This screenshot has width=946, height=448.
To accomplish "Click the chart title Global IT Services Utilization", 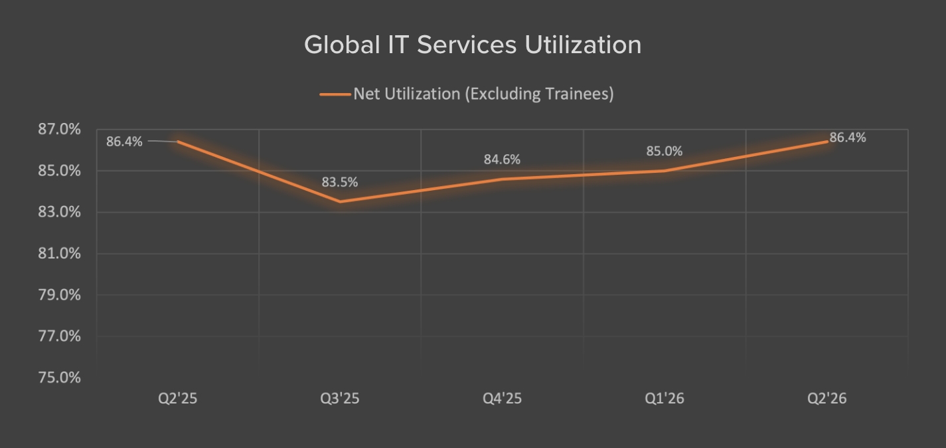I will point(473,45).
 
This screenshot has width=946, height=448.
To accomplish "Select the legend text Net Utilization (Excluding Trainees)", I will point(483,94).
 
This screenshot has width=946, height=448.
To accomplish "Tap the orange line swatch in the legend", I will point(335,94).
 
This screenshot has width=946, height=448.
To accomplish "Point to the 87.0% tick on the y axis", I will point(59,130).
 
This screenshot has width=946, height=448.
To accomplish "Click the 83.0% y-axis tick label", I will point(59,213).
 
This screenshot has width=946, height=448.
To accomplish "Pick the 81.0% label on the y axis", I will point(59,254).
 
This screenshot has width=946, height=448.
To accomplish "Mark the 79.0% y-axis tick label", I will point(59,295).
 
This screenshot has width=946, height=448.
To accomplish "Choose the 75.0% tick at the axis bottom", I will point(59,378).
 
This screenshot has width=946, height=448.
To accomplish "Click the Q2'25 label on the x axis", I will point(177,399).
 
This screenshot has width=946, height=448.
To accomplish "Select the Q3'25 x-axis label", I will point(340,399).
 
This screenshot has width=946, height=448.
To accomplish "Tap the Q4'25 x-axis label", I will point(502,399).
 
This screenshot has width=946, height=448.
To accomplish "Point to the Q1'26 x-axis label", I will point(665,399).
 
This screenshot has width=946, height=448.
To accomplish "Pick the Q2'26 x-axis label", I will point(827,399).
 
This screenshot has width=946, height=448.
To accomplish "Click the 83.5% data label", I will point(340,181).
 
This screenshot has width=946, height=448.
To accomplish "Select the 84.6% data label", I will point(502,160).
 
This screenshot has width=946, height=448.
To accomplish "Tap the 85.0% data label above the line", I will point(665,152).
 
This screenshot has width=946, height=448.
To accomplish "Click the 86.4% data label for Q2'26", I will point(848,138).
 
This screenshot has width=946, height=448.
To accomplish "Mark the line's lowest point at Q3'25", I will point(340,201).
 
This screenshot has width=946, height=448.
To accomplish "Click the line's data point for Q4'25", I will point(503,179).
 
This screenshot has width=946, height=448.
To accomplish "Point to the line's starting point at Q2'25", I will point(178,142).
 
